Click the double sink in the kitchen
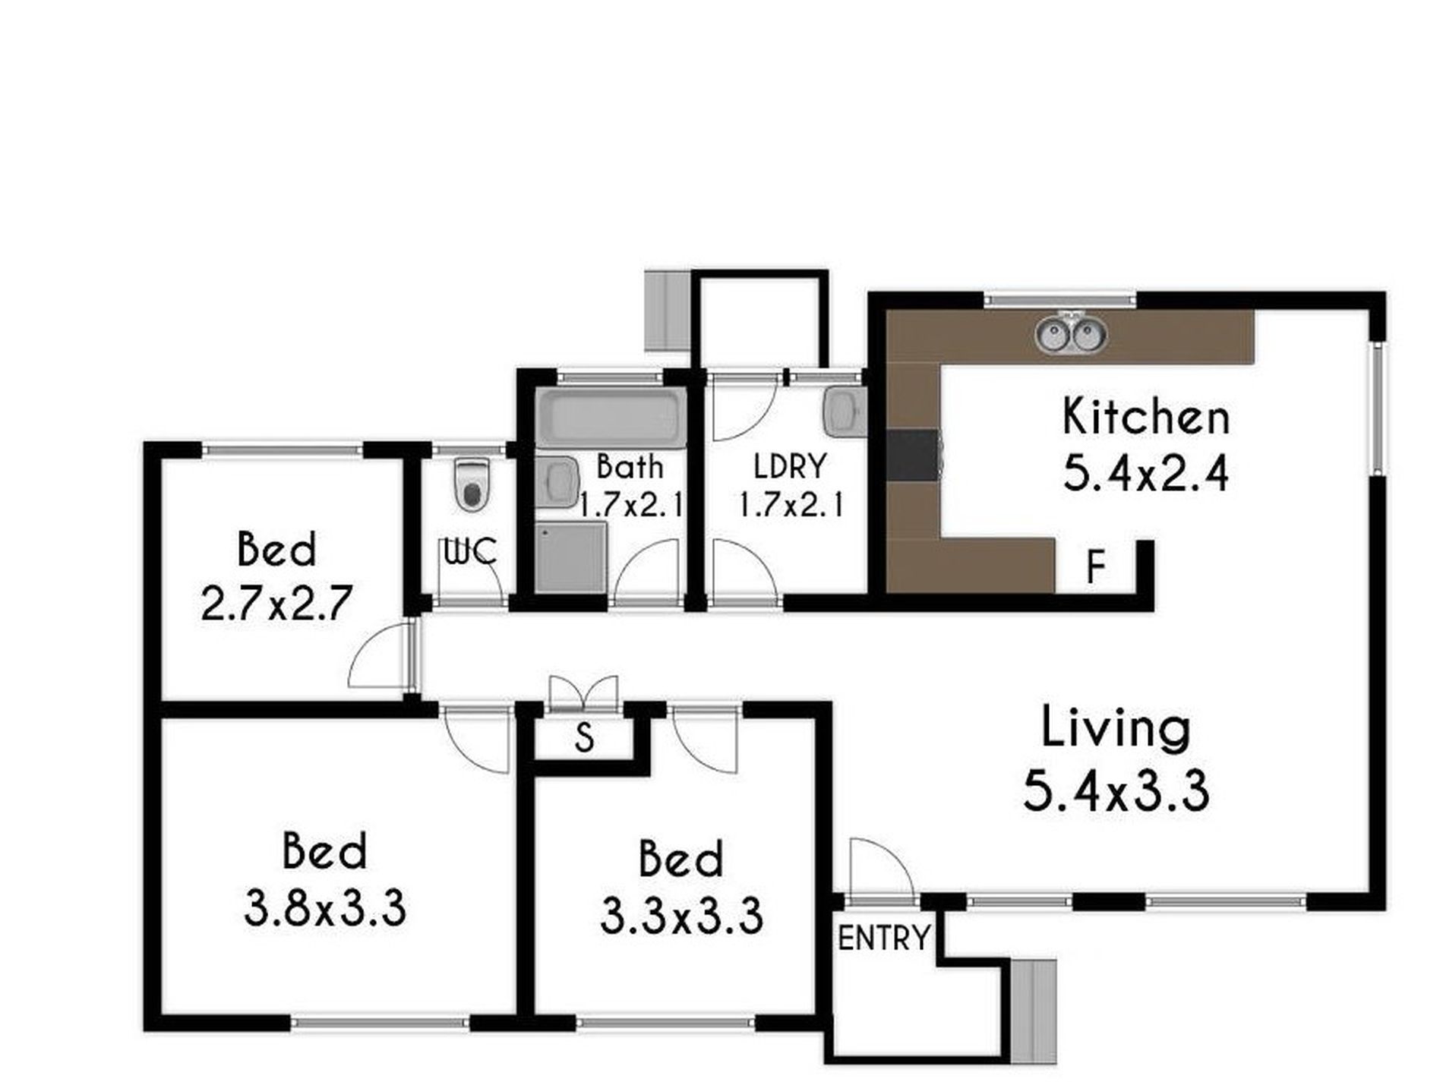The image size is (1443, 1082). (x=1071, y=334)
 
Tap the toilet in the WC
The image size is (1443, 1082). (x=472, y=484)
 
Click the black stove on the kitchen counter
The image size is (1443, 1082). (x=914, y=455)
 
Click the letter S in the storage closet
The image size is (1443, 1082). (x=583, y=737)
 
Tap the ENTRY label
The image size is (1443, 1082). (x=883, y=938)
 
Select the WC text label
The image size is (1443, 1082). (x=471, y=552)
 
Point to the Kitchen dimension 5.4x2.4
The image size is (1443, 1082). (x=1145, y=475)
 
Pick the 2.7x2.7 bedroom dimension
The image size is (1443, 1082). (x=276, y=604)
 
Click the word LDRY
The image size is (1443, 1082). (x=790, y=465)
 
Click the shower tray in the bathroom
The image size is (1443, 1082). (x=571, y=557)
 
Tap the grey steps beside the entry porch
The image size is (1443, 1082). (x=1033, y=1011)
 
